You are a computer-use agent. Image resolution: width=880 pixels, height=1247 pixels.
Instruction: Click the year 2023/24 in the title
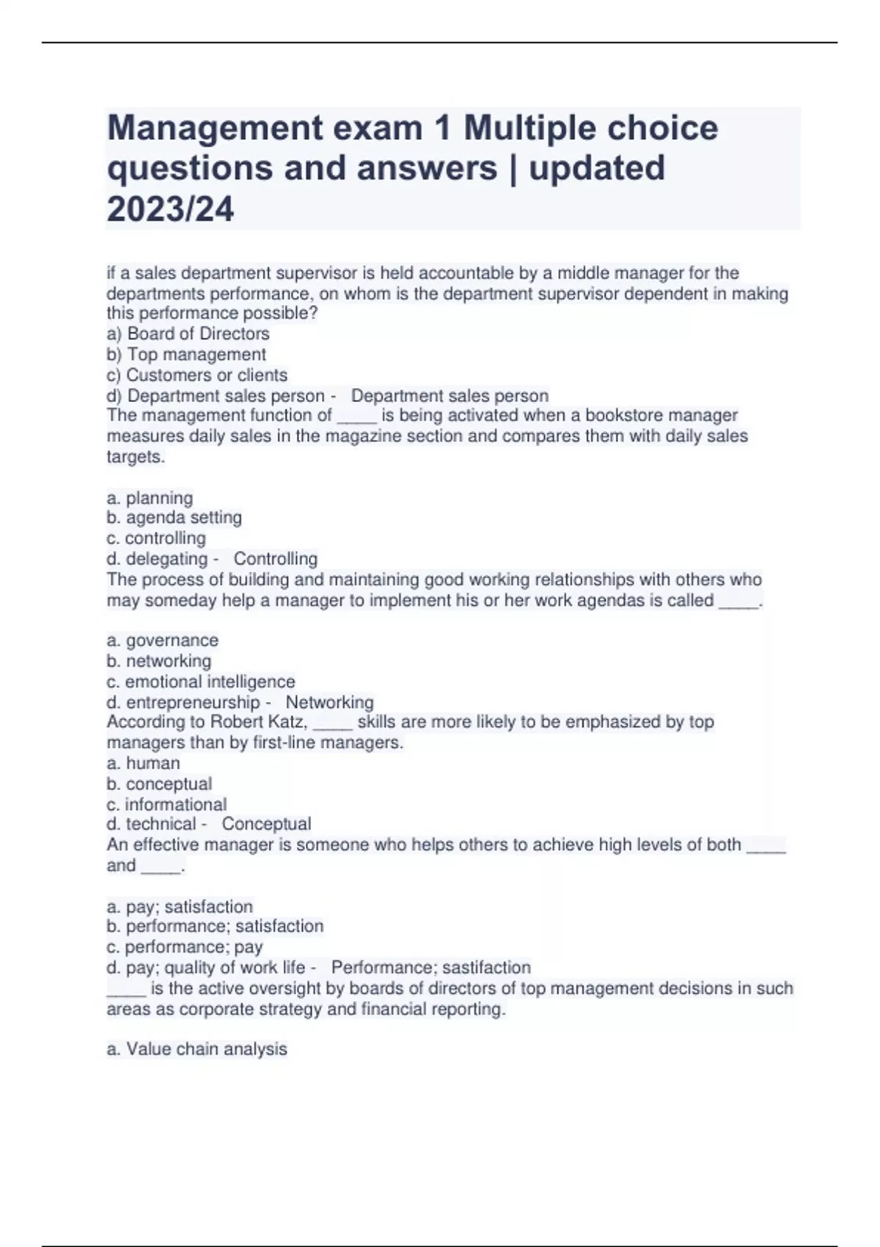point(170,209)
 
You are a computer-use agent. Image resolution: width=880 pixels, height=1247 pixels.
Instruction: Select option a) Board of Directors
point(188,334)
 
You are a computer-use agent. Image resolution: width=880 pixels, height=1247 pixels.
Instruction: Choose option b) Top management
point(186,354)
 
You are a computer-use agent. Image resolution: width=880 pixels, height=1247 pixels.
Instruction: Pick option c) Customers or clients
point(197,375)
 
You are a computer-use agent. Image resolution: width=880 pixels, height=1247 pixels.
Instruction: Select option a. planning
point(150,498)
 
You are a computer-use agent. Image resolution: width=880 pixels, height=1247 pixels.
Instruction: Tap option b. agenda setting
point(175,518)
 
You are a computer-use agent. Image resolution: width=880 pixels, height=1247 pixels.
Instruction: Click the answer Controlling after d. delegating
point(276,559)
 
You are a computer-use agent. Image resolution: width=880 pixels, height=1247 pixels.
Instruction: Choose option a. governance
point(163,640)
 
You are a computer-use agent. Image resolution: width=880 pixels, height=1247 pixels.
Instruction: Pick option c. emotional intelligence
point(201,681)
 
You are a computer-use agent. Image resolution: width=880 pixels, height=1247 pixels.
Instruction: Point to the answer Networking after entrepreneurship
point(330,702)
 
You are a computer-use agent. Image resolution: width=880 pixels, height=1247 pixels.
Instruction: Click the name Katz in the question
point(290,722)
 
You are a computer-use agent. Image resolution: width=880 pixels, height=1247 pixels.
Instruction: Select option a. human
point(143,763)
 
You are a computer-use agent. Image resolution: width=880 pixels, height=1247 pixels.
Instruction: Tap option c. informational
point(166,804)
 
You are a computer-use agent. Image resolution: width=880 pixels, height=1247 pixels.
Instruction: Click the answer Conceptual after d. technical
point(267,824)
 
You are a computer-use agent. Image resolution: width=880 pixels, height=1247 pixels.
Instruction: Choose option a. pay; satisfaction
point(180,907)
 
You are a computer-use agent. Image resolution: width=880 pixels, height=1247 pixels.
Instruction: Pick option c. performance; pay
point(185,947)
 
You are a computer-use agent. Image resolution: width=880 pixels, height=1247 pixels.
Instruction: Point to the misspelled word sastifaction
point(486,968)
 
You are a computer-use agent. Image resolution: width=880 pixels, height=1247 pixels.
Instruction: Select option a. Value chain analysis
point(197,1049)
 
